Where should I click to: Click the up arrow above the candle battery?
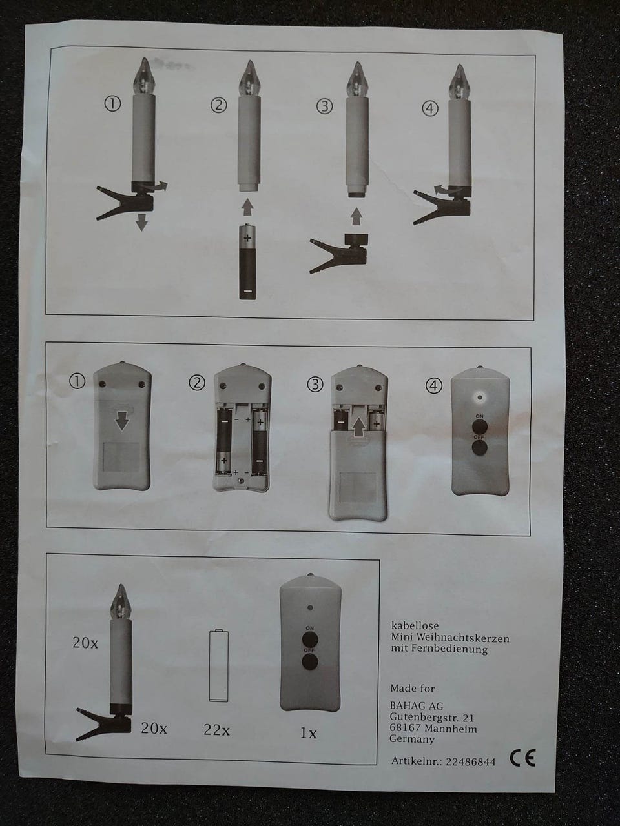point(247,207)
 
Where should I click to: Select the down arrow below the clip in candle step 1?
point(141,223)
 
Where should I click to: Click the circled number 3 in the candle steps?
point(324,106)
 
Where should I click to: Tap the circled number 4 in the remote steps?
point(434,386)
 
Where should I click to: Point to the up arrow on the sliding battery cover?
point(360,427)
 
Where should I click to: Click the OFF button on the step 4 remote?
point(479,448)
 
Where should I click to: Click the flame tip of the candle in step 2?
point(248,61)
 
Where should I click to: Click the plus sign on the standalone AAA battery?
point(247,238)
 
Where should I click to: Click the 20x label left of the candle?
point(85,643)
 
